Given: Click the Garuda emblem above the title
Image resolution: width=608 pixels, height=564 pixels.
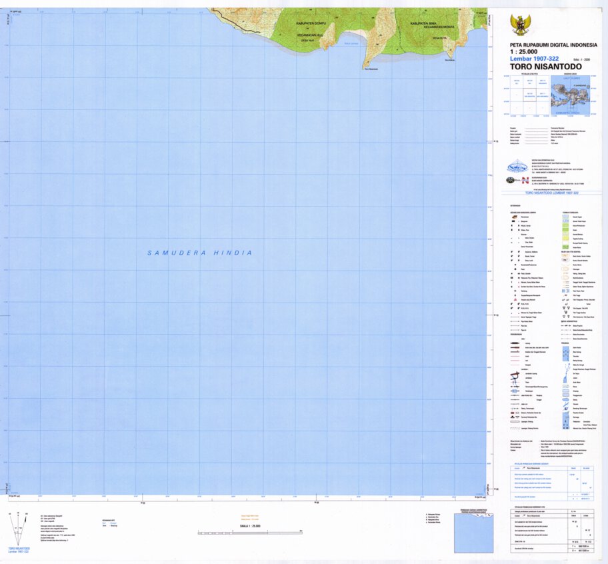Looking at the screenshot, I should (520, 25).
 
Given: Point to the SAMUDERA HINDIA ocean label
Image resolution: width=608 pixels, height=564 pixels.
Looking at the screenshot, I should (200, 253).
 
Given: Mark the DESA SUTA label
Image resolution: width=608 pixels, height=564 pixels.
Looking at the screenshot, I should (439, 38).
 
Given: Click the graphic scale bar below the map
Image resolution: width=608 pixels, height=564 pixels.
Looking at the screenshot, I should (250, 531).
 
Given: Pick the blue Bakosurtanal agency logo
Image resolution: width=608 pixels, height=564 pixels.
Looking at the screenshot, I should (517, 167).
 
